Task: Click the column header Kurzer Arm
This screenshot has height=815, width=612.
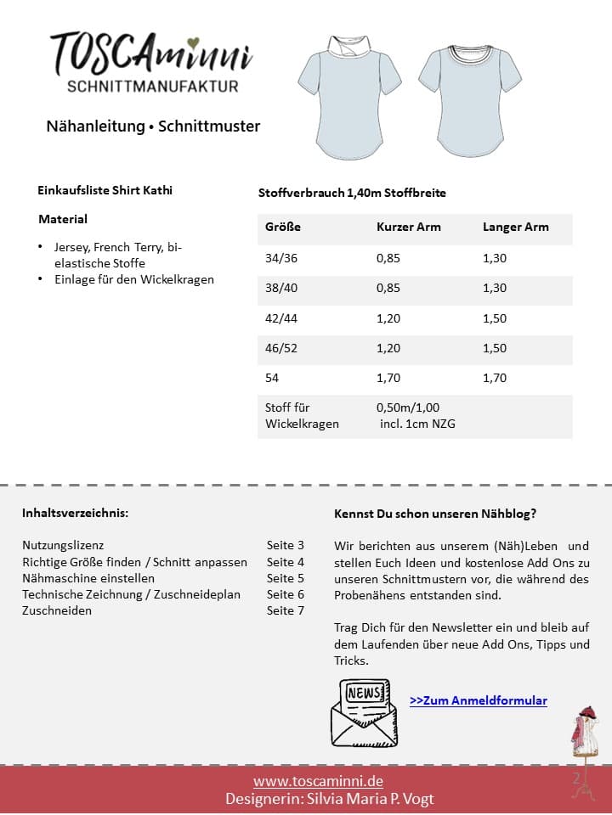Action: click(x=409, y=227)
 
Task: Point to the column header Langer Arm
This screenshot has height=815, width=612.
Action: click(x=516, y=227)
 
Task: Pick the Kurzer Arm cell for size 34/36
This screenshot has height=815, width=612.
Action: click(x=388, y=258)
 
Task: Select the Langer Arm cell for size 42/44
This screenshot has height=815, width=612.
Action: click(x=495, y=318)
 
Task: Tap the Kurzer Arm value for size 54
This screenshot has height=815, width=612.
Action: click(x=388, y=379)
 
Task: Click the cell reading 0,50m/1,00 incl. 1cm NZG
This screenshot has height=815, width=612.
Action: click(x=415, y=415)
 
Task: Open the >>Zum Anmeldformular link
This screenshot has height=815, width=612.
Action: click(x=479, y=700)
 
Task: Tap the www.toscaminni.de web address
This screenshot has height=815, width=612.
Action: click(x=318, y=781)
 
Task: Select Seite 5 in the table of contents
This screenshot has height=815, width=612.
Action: click(x=286, y=578)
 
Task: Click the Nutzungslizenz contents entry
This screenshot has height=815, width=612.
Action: click(x=63, y=545)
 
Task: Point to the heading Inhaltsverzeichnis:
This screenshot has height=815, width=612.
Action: click(x=76, y=513)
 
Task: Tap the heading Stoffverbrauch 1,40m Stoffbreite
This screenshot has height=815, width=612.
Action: click(x=352, y=193)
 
